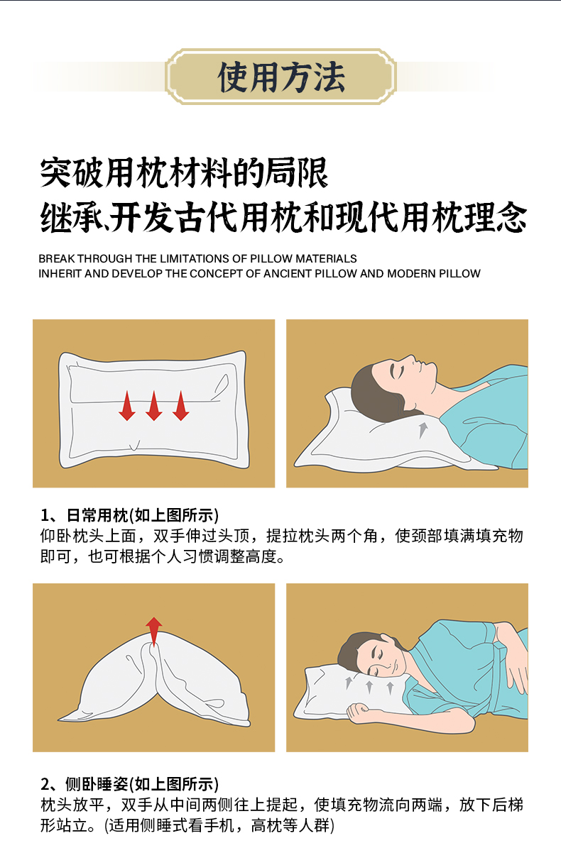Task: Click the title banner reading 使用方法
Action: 280,77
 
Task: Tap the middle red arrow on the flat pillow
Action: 154,405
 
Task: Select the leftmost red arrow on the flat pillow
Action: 127,405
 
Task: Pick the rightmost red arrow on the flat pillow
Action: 180,405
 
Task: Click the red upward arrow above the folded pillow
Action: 154,631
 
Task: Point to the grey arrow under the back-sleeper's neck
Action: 423,429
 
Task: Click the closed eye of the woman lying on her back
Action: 398,372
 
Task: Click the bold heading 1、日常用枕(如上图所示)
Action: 130,515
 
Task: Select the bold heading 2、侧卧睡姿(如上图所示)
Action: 130,784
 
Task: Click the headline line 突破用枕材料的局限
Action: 184,173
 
